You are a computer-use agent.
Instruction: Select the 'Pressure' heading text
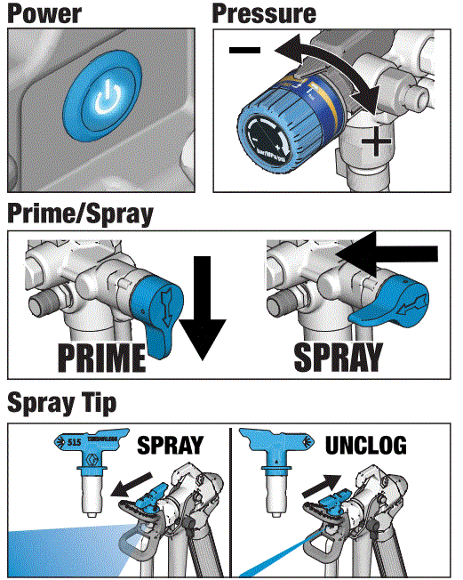(x=264, y=14)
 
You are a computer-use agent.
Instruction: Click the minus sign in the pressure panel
(x=244, y=50)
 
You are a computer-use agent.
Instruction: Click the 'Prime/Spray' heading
(x=80, y=215)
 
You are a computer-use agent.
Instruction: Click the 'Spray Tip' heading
(x=61, y=403)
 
